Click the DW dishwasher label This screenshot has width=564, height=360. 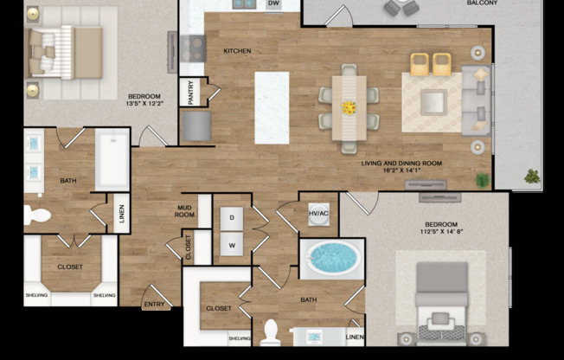pos(273,4)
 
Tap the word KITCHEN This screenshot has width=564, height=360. pos(237,51)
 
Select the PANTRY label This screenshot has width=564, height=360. pos(190,93)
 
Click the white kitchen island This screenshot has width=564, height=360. pos(272,107)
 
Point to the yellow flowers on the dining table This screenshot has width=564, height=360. pos(349,108)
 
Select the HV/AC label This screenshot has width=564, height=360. pos(318,213)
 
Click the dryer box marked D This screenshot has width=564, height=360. pos(232,218)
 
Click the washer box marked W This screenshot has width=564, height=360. pos(232,245)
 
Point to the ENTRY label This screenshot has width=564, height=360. pos(154,304)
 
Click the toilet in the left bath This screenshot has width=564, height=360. pos(36,215)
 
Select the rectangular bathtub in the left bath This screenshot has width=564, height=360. pos(112,160)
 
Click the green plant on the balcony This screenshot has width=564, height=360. pos(531,177)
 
